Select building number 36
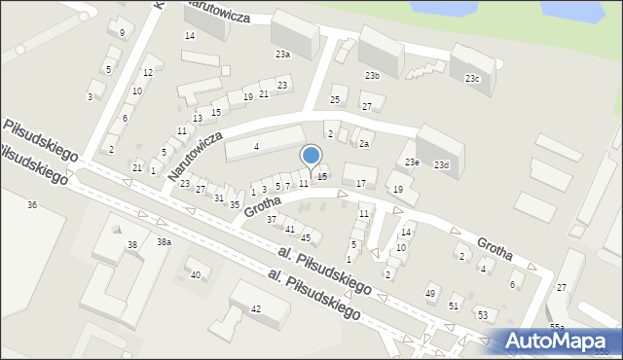point(32,205)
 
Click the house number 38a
point(165,241)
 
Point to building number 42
point(256,308)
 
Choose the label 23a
point(282,54)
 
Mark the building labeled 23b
point(373,75)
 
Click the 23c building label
point(472,79)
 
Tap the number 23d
point(442,165)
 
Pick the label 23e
point(412,162)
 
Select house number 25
point(335,100)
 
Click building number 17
point(361,183)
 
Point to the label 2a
point(364,144)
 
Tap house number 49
point(430,293)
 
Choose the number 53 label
point(483,315)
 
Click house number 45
point(306,237)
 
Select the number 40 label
point(196,274)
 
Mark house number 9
point(122,33)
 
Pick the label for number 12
point(148,73)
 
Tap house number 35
point(235,204)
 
